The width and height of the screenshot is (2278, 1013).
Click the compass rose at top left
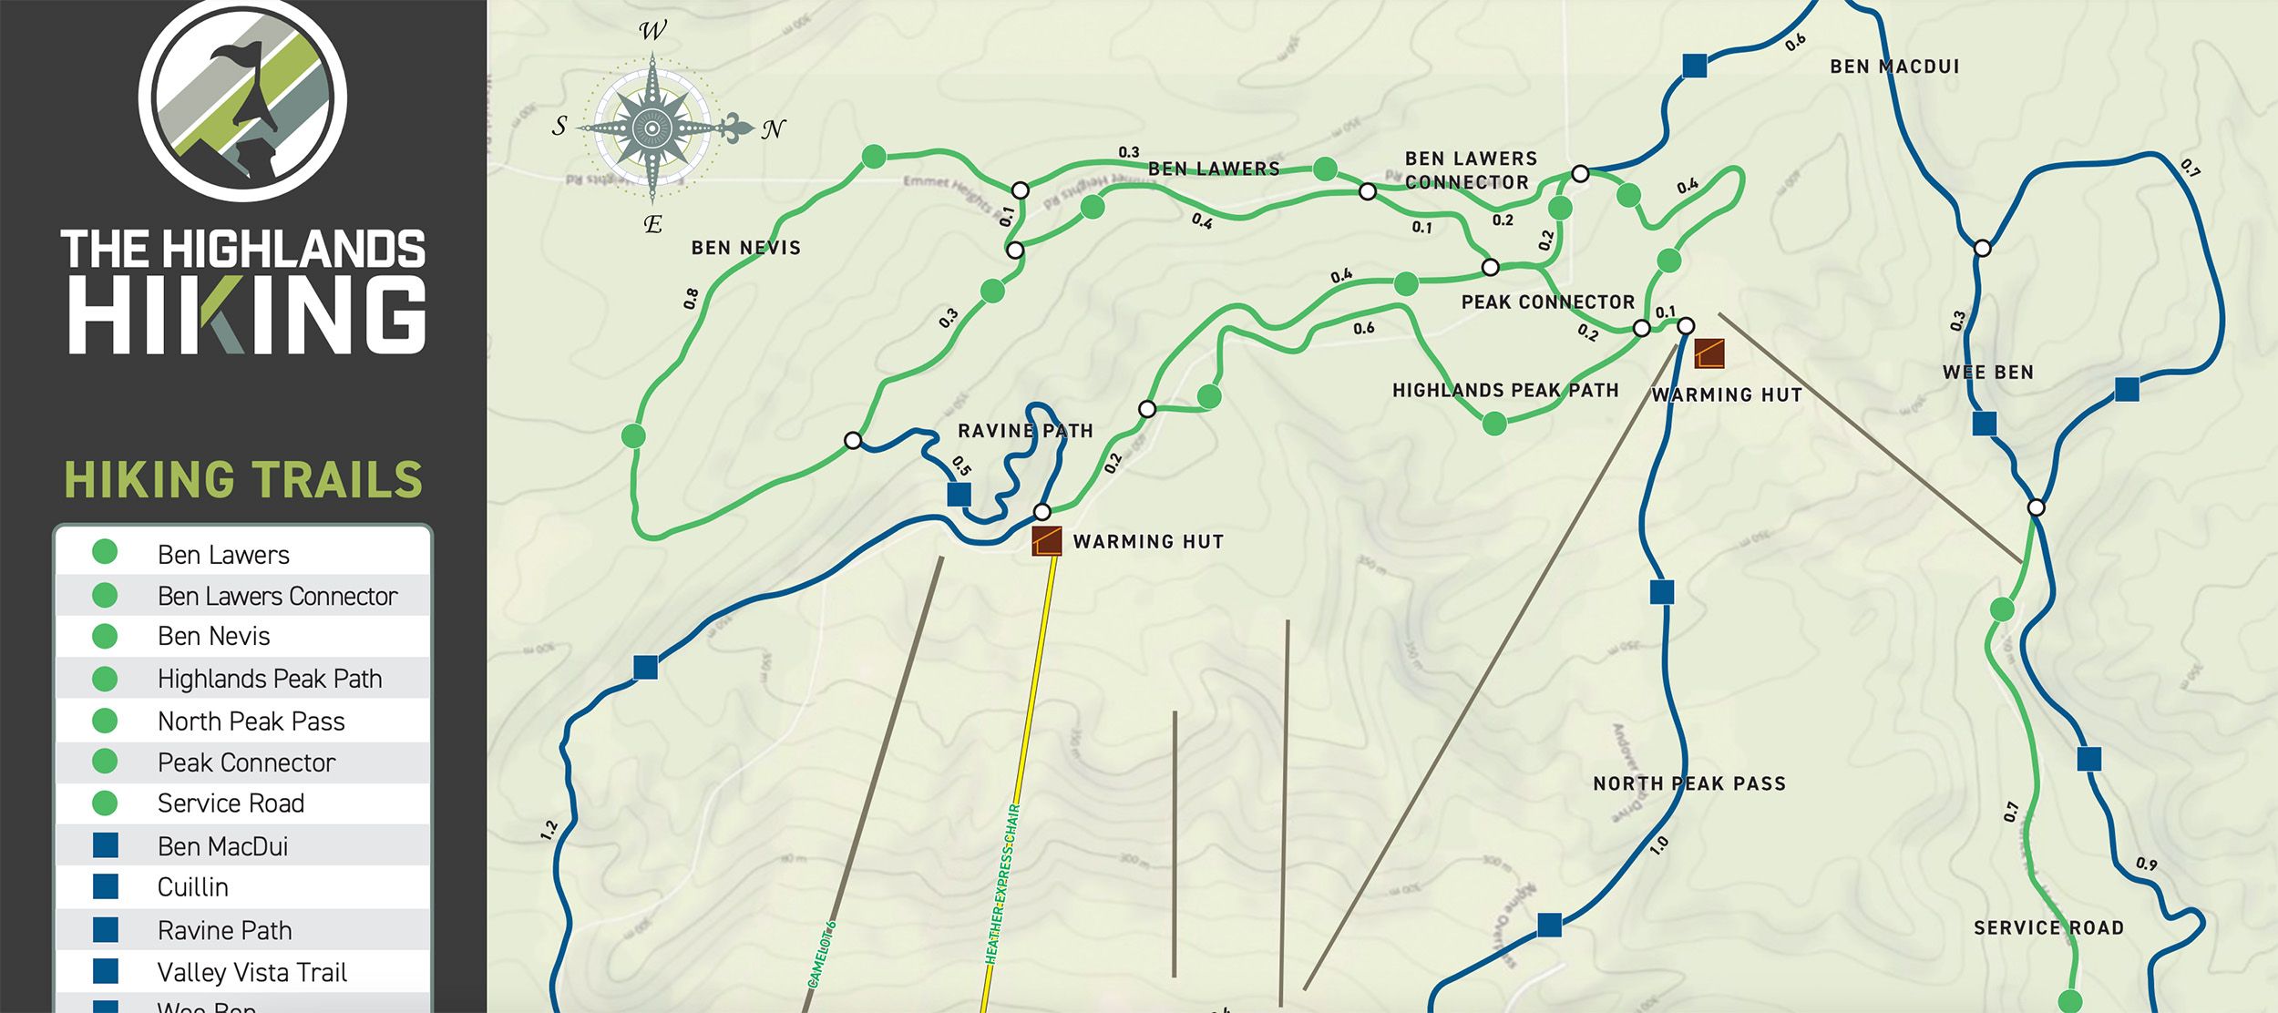(652, 128)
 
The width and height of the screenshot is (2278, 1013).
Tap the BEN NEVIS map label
(745, 248)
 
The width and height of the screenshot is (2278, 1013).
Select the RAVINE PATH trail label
(1025, 431)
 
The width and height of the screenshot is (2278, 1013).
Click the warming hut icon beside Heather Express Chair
(1046, 541)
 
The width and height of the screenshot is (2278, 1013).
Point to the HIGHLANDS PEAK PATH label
(1505, 391)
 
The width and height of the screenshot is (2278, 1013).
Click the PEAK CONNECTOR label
(1547, 302)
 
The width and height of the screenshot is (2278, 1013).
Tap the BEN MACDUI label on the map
(1894, 67)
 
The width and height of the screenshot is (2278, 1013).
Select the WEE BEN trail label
(1987, 373)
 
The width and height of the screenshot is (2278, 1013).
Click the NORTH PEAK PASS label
(1688, 783)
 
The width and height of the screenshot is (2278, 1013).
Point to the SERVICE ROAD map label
(2048, 928)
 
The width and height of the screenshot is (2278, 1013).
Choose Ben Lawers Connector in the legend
(277, 596)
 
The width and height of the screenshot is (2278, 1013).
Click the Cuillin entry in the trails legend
(193, 887)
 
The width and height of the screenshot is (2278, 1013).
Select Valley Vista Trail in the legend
(251, 972)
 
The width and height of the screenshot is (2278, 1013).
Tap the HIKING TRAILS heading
(243, 480)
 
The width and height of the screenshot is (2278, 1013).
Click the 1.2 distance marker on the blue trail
(549, 830)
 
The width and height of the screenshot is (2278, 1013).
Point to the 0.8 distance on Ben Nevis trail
(692, 298)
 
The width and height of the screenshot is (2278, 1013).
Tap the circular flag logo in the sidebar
(242, 97)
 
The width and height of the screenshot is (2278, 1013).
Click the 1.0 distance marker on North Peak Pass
(1659, 844)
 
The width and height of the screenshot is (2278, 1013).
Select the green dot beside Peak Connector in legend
(105, 762)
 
